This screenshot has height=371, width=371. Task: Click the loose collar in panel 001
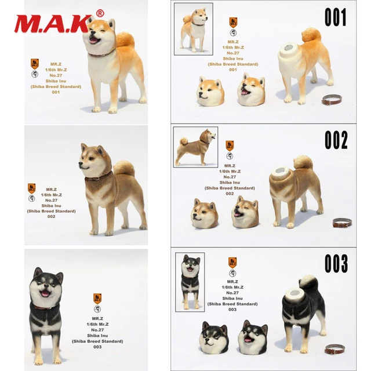coord(333,101)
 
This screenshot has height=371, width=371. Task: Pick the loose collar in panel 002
coord(341,223)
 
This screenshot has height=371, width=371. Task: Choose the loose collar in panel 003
coord(334,348)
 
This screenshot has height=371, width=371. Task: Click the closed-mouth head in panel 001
coord(212,91)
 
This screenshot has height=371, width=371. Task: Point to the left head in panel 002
coord(205,213)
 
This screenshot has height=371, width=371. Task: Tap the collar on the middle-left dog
coord(99,176)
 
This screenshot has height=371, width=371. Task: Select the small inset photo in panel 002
coord(195,148)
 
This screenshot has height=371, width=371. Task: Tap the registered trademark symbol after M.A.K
coord(99,13)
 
